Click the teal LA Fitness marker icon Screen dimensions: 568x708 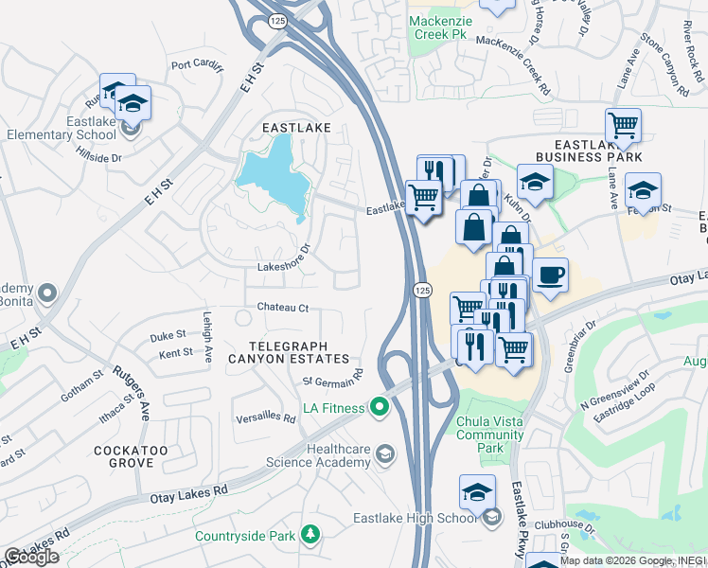[x=380, y=408]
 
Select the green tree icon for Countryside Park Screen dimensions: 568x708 [x=310, y=536]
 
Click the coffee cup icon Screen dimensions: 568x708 [x=550, y=275]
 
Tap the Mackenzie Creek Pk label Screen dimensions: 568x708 [x=438, y=27]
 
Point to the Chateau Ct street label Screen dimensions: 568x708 [x=283, y=309]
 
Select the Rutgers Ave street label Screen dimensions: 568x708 [x=133, y=393]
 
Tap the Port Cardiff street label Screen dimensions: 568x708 [x=197, y=65]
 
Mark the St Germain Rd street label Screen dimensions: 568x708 [x=333, y=381]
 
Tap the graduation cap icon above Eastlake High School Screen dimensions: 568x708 [x=477, y=491]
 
